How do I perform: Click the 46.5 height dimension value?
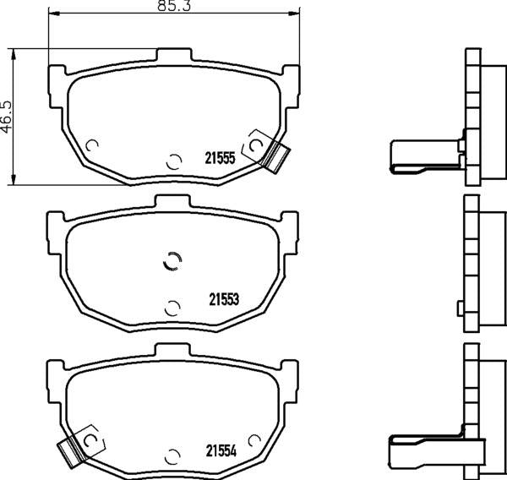click(x=7, y=114)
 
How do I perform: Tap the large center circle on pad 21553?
click(x=172, y=262)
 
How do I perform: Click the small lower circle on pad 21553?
click(x=172, y=306)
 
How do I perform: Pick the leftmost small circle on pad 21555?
click(x=93, y=144)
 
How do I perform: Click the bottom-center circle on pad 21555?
click(x=173, y=161)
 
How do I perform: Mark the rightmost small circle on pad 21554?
click(x=253, y=441)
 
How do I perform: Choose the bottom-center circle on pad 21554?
click(x=173, y=456)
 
